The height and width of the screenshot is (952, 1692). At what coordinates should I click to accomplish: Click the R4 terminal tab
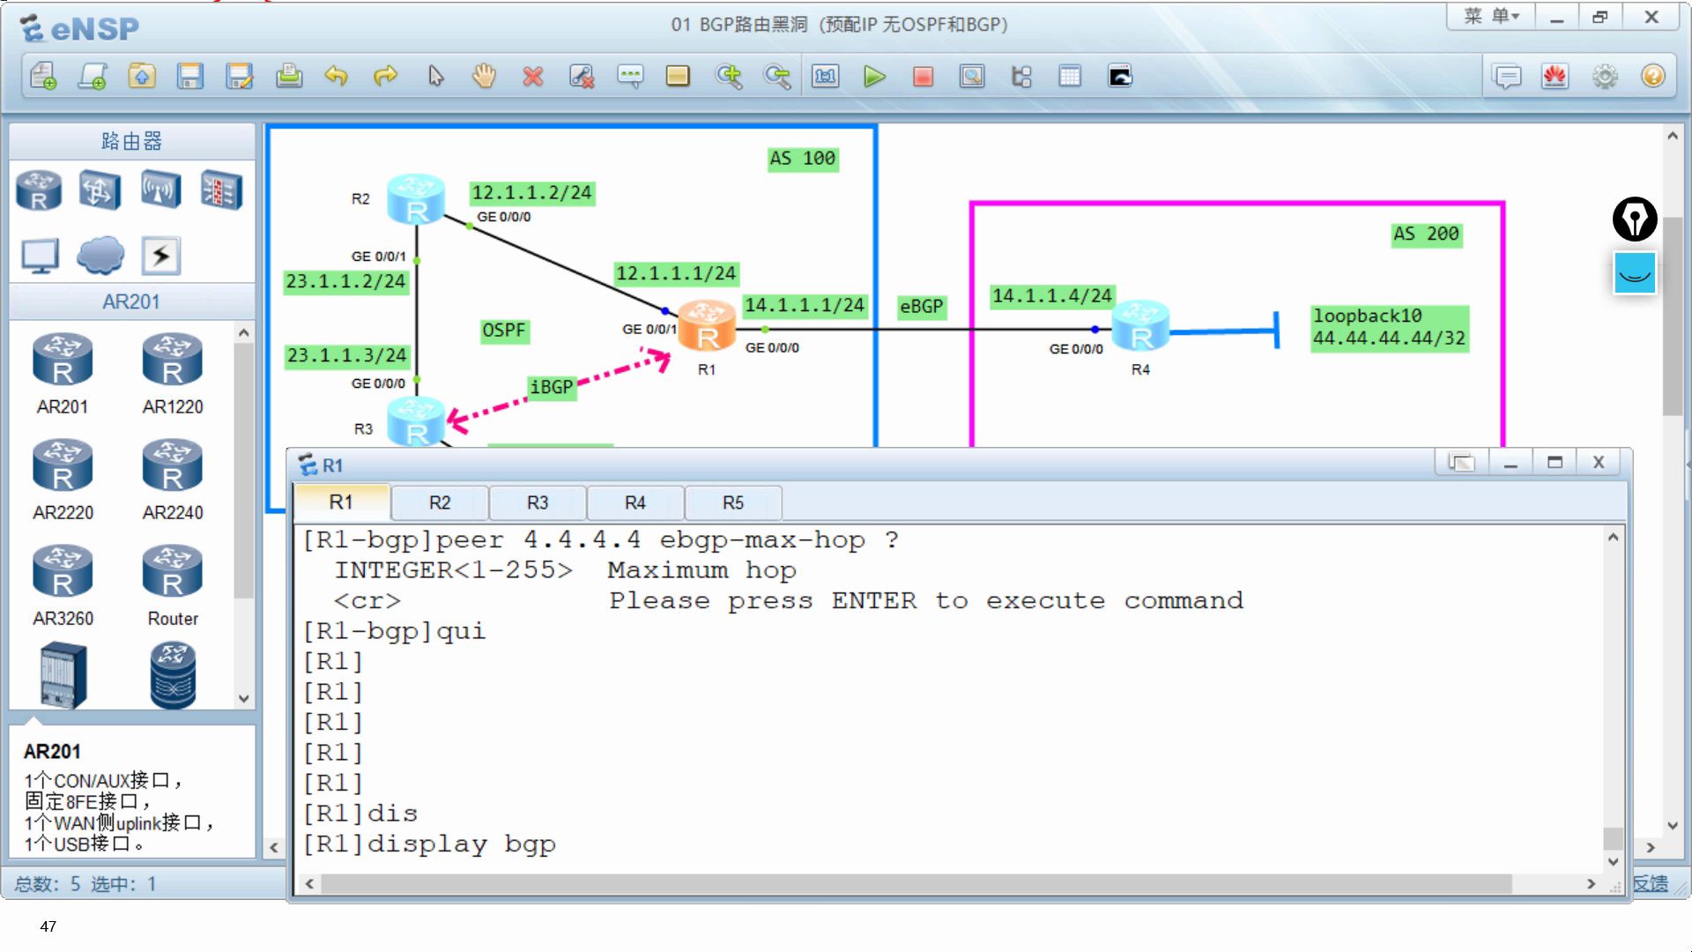(634, 502)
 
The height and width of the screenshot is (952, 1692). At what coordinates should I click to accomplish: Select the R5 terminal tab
(732, 502)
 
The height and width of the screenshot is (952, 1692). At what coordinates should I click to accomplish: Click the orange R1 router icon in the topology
(707, 325)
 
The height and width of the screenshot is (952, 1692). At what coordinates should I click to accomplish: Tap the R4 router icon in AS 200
(1140, 325)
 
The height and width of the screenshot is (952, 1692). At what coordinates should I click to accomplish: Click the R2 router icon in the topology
(415, 198)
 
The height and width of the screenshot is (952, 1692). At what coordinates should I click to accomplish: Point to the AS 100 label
(802, 159)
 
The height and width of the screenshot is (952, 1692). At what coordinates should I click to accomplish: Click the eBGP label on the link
(921, 307)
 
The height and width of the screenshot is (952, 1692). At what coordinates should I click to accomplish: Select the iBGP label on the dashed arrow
(552, 387)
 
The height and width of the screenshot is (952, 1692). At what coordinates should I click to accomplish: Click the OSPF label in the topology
(503, 331)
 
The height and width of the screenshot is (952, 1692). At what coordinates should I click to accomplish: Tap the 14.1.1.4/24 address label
(1052, 296)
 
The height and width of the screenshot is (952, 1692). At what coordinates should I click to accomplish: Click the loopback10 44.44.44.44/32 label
(1389, 328)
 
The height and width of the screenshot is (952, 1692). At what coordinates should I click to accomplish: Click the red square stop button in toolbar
(923, 77)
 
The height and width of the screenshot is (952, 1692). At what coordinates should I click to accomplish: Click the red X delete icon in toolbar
(532, 77)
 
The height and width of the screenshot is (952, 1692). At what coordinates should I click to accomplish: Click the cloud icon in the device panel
(100, 256)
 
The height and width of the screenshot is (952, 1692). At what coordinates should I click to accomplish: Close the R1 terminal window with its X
(1599, 463)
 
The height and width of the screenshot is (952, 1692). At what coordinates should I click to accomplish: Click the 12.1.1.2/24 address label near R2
(532, 193)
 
